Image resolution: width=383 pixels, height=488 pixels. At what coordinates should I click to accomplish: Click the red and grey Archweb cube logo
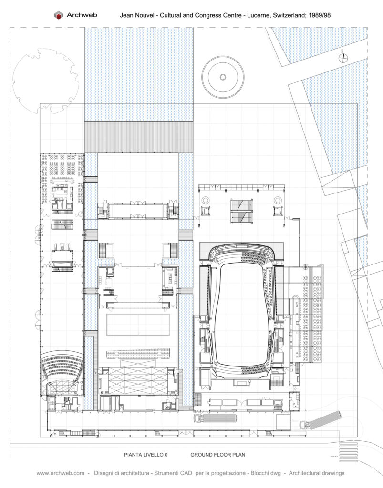tap(58, 15)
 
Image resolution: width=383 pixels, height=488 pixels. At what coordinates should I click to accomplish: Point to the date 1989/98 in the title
tap(319, 15)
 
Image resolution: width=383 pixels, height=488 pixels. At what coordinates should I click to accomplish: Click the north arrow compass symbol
tap(343, 57)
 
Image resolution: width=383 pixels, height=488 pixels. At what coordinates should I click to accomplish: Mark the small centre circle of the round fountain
tap(223, 77)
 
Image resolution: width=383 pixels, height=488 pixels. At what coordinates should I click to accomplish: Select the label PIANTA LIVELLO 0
tap(146, 455)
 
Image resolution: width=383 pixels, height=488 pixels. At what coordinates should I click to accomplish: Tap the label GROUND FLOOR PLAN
tap(217, 455)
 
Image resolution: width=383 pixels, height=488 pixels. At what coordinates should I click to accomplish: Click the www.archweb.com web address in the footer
tap(61, 473)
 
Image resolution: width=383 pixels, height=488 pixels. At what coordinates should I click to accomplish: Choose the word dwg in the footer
tap(275, 473)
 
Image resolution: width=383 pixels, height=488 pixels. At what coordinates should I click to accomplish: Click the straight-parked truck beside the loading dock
tap(215, 417)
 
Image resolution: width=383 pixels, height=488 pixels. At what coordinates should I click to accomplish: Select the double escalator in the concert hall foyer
tap(242, 211)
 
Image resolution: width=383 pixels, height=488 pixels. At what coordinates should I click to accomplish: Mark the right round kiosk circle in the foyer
tap(277, 200)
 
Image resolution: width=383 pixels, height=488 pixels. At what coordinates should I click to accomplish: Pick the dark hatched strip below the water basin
tap(139, 137)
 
